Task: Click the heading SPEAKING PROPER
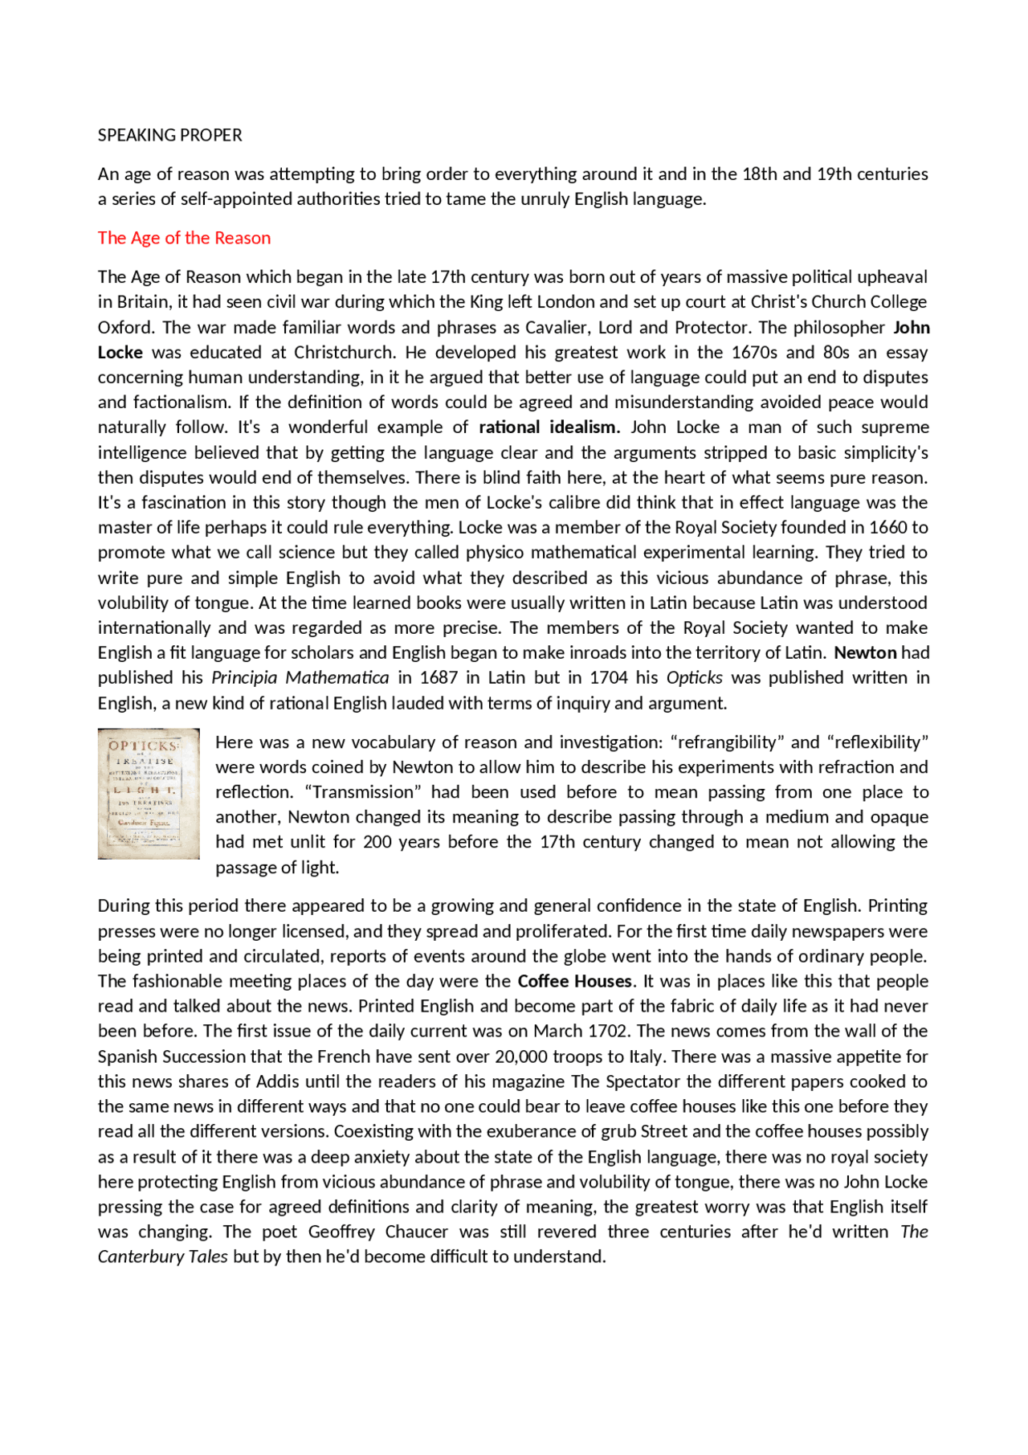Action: coord(169,135)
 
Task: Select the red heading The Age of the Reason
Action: coord(184,238)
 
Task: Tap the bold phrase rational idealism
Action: coord(549,427)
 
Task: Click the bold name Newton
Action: coord(865,652)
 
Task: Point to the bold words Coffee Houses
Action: coord(574,981)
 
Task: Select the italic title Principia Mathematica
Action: coord(300,677)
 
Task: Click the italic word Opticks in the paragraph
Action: coord(694,677)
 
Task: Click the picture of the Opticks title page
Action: coord(149,793)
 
